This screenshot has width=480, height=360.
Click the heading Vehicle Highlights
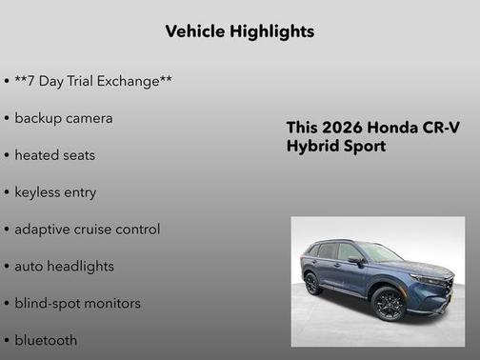click(x=239, y=31)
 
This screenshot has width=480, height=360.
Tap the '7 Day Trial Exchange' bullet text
click(x=93, y=81)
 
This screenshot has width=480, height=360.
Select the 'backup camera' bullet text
click(x=64, y=118)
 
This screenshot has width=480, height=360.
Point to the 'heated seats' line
click(x=55, y=154)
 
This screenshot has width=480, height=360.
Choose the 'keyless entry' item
click(x=55, y=191)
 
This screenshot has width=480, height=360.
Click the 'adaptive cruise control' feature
click(x=88, y=229)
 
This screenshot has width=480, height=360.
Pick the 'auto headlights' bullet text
click(x=64, y=266)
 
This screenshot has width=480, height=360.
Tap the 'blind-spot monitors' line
click(x=78, y=303)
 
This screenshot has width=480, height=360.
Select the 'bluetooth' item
click(x=46, y=340)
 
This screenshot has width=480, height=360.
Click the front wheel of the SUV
click(x=390, y=305)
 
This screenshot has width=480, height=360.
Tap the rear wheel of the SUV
click(x=312, y=283)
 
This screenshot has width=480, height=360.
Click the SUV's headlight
click(x=430, y=280)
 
